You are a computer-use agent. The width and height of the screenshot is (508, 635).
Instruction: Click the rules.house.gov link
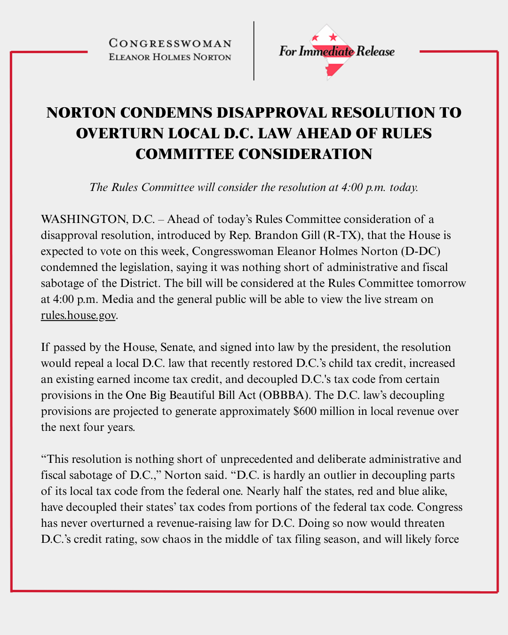78,315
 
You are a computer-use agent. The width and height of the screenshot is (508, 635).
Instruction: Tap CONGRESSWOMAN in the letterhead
170,44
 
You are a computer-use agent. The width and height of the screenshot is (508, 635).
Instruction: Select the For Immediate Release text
336,51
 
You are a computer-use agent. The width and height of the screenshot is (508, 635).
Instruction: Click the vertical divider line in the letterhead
254,51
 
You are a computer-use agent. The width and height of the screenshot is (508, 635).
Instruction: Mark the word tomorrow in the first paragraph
441,283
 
